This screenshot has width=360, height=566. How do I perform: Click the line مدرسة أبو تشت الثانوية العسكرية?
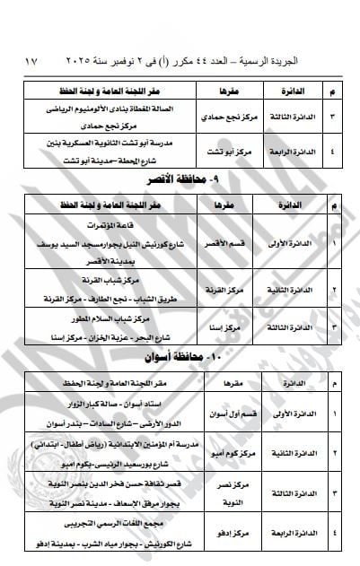coord(111,144)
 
